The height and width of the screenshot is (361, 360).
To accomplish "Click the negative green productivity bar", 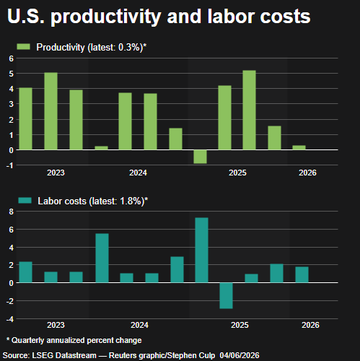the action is (200, 157).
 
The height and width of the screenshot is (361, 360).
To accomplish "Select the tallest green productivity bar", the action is (249, 110).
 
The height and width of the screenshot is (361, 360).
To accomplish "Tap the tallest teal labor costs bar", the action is (201, 250).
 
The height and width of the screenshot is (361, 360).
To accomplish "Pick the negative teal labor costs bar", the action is (226, 295).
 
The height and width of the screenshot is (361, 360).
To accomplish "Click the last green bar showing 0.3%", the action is (299, 147).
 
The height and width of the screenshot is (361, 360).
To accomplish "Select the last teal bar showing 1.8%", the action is (302, 274).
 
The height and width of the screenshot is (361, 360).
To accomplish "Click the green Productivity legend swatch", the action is (23, 47).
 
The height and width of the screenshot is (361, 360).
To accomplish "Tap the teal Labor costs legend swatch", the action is (25, 201).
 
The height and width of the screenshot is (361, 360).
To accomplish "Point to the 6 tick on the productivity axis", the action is (12, 58).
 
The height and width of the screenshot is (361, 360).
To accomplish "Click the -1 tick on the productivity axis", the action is (10, 165).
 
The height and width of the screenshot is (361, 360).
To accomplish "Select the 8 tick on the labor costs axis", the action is (12, 212).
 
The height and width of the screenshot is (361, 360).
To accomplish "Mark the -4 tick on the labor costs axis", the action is (10, 319).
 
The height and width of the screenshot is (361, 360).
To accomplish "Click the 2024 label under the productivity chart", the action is (138, 173).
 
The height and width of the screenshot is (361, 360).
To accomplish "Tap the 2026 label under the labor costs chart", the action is (310, 325).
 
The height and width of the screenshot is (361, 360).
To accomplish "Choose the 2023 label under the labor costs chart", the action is (56, 325).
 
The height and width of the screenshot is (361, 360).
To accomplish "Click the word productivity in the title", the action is (106, 17).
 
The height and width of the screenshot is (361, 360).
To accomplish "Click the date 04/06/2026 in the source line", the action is (240, 355).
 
